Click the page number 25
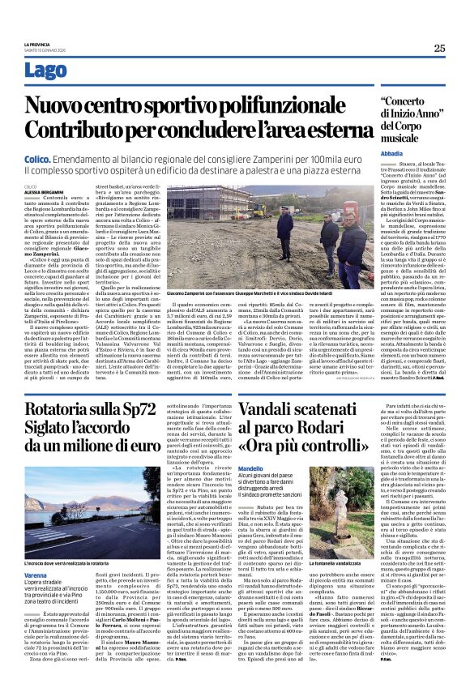pyautogui.click(x=438, y=48)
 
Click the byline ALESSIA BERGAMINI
pyautogui.click(x=41, y=191)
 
